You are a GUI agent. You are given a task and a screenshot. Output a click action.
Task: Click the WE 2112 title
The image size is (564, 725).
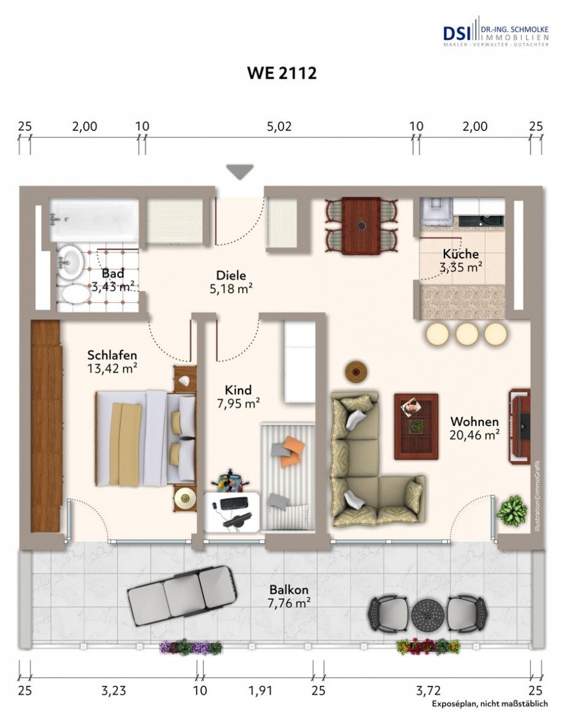(x=281, y=74)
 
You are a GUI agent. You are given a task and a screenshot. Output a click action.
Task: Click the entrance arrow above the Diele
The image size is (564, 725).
(x=240, y=172)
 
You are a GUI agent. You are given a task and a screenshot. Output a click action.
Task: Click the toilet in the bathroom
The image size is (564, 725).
(x=75, y=295)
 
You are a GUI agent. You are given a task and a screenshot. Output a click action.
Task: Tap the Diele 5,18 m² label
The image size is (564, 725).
(x=231, y=282)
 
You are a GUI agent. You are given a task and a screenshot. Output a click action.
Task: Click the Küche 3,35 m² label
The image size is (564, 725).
(x=460, y=260)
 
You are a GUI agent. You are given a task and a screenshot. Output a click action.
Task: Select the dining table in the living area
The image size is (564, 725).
(x=361, y=226)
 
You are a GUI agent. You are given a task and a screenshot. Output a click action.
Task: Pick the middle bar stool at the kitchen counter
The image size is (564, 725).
(x=467, y=334)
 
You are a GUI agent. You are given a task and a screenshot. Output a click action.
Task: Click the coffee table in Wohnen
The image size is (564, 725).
(x=416, y=426)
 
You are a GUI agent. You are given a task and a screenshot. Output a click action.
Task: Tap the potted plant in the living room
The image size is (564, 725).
(x=511, y=511)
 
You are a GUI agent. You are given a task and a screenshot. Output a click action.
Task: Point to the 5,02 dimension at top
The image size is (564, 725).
(x=280, y=127)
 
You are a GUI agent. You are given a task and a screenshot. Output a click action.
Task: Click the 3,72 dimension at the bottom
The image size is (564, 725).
(x=428, y=691)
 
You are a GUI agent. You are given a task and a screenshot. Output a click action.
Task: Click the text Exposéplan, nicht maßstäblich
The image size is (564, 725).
(x=489, y=704)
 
